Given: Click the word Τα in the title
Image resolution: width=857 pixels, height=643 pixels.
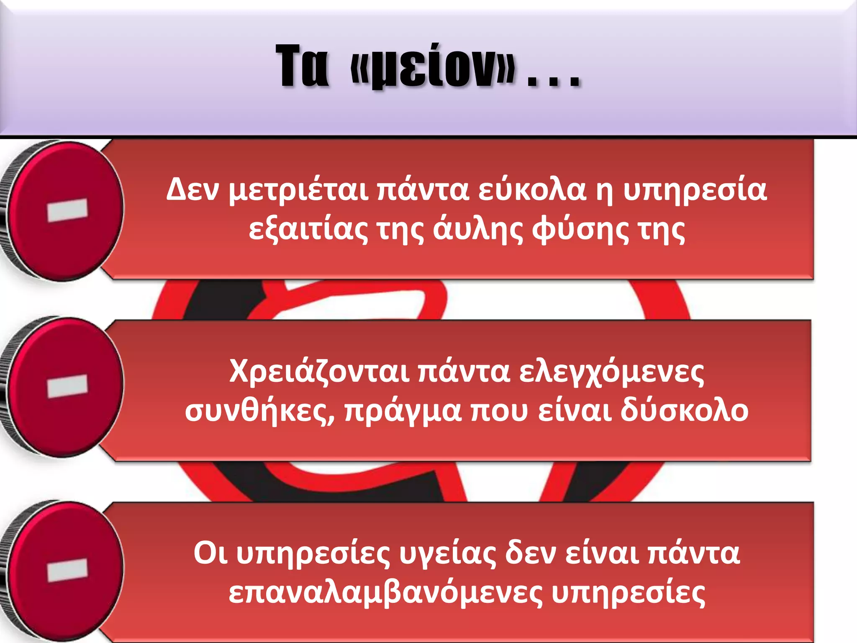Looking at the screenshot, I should (x=302, y=67).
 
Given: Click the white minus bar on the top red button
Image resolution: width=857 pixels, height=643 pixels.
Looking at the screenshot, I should (x=67, y=210).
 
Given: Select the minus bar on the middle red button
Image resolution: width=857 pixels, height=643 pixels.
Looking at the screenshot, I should (x=67, y=386).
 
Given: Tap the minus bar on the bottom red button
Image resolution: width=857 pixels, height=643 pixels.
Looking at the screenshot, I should (x=67, y=570).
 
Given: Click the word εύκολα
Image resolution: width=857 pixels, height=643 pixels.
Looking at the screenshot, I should (x=532, y=190).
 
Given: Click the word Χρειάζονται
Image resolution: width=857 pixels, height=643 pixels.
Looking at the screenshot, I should (x=320, y=371).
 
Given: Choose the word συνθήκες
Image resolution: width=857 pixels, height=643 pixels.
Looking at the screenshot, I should (x=260, y=411).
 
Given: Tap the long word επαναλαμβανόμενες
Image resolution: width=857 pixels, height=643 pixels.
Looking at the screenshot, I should (x=385, y=593).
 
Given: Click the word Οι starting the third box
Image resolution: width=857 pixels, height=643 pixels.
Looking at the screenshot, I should (x=210, y=553).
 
